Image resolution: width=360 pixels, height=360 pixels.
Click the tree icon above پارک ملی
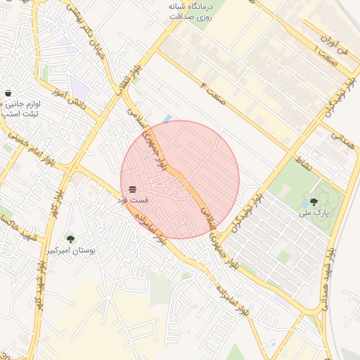[313, 201]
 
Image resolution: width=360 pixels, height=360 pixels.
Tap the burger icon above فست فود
[132, 190]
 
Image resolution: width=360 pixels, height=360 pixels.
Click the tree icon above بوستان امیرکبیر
[70, 239]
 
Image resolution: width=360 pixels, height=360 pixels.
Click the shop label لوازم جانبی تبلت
[20, 108]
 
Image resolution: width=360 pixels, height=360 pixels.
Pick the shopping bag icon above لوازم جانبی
[8, 92]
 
